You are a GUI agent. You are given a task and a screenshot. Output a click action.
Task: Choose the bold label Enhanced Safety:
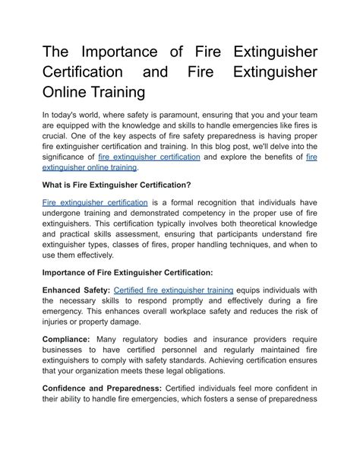tap(76, 290)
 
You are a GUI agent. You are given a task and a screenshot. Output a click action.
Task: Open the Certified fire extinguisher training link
tap(173, 290)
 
